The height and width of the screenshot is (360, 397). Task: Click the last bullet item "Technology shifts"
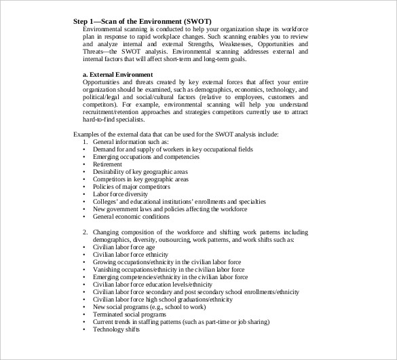coord(116,329)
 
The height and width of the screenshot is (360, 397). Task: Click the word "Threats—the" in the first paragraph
coord(101,52)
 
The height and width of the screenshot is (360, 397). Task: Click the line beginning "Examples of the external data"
coord(175,134)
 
